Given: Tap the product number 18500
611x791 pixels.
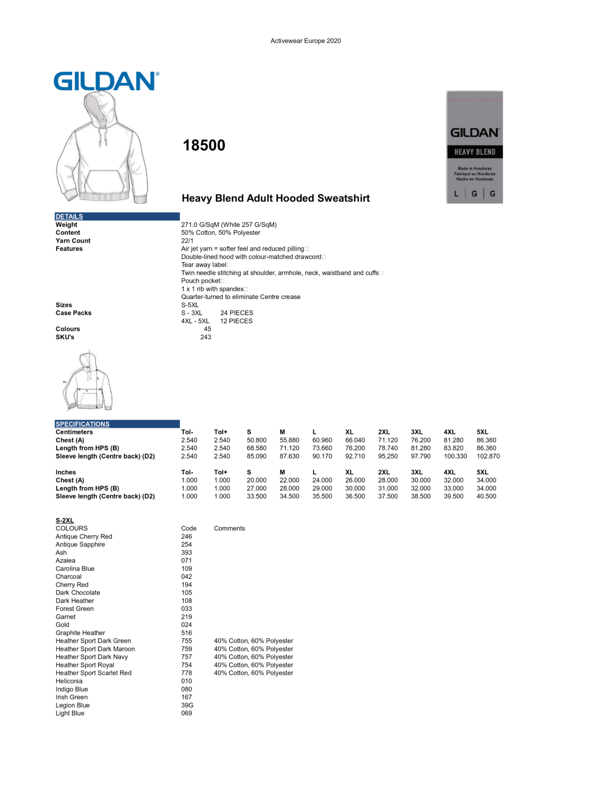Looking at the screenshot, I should point(204,145).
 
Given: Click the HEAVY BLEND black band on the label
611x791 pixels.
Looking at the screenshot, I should point(474,152).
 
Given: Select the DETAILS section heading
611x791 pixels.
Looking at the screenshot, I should point(69,217).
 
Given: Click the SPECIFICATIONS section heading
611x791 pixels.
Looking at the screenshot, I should point(82,424).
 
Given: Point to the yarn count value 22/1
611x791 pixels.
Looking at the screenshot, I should point(187,241).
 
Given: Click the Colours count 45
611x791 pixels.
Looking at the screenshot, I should point(208,329).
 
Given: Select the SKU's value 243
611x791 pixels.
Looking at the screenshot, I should point(206,337).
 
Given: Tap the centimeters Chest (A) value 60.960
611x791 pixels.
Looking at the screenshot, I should point(322,440).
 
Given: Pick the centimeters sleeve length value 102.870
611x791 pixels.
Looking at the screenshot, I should point(488,456).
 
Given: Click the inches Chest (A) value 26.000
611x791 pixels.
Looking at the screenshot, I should point(355,480).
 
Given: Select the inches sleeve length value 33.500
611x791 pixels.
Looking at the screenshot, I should point(256,497).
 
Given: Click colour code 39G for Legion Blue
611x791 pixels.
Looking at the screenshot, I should point(187,705).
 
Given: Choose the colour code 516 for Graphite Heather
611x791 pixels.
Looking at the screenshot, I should point(186,633).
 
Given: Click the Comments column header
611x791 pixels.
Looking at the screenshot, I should point(229,528).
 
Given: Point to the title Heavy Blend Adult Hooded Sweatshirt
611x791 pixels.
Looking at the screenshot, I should point(276,198).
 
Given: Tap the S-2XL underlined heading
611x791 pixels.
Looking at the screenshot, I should point(65,521).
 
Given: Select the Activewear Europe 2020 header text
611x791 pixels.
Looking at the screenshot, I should point(306,41).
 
